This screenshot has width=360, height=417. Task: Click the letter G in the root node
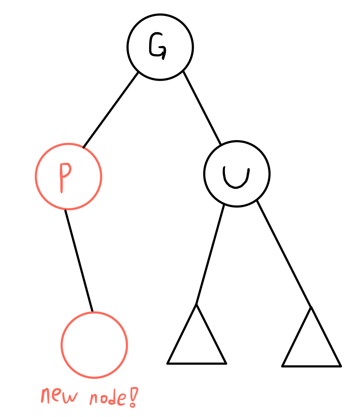157,46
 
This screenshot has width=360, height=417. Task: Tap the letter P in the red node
64,176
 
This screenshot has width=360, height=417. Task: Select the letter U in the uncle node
236,177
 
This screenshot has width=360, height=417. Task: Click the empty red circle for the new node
94,345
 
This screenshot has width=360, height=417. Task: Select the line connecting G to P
111,109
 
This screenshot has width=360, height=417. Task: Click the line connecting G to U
202,107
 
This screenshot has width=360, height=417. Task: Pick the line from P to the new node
79,260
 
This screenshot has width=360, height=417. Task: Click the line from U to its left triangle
210,254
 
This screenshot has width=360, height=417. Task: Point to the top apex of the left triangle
197,305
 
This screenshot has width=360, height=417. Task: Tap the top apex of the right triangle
311,307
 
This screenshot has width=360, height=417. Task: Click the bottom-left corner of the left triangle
168,363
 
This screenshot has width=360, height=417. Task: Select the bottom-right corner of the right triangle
341,366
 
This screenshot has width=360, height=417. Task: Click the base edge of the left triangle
197,364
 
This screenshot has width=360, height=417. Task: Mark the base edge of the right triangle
311,366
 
